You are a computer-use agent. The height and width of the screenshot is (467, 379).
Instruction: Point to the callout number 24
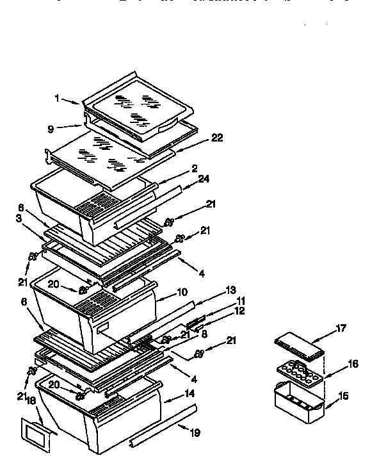click(x=203, y=179)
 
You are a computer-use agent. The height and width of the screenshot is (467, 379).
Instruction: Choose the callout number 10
click(x=182, y=293)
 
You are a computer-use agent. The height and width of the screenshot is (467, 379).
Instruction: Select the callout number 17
click(x=341, y=329)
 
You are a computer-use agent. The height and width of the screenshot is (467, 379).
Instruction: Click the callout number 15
click(x=344, y=397)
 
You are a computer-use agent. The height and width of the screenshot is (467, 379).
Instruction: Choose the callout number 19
click(x=195, y=433)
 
